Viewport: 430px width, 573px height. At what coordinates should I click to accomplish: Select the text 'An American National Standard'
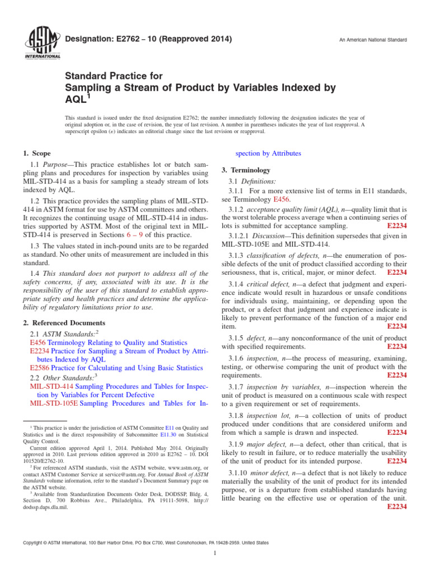(373, 40)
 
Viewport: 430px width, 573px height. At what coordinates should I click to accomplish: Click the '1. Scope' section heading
(37, 153)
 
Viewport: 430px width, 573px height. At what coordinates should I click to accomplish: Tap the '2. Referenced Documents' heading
(64, 323)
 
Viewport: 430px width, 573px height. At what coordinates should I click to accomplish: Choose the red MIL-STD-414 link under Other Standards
(51, 386)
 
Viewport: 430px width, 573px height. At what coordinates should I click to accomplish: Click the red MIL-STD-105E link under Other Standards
(53, 403)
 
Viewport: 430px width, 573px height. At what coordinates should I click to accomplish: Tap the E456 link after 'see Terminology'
(282, 199)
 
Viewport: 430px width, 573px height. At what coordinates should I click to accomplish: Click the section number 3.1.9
(237, 444)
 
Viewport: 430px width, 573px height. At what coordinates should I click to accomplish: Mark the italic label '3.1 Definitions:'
(252, 181)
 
